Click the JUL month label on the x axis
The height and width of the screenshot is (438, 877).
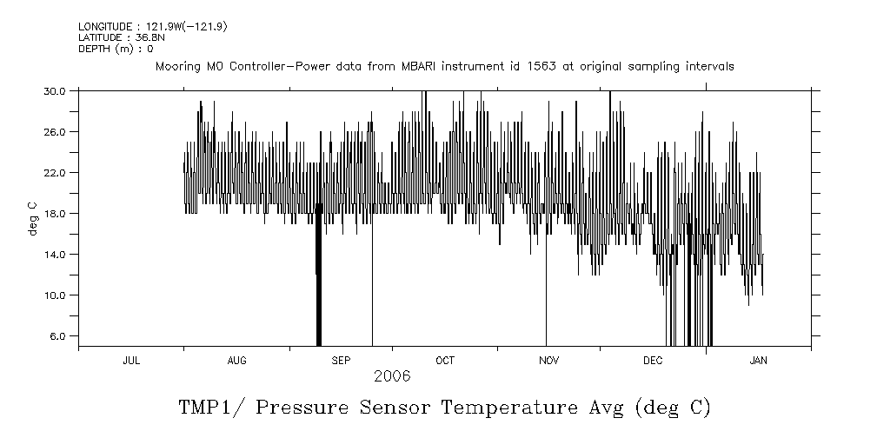point(131,361)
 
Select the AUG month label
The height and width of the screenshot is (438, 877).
point(236,361)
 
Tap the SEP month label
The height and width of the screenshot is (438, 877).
point(341,361)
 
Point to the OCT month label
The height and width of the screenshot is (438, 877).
point(445,361)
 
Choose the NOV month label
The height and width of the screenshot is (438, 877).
point(548,361)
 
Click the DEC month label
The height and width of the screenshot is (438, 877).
point(653,361)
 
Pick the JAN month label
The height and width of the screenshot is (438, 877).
point(758,361)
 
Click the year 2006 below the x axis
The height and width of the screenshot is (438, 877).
point(392,376)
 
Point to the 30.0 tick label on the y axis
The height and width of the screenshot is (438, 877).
point(55,90)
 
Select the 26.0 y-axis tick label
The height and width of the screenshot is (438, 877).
point(55,131)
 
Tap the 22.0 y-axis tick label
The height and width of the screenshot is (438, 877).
point(55,172)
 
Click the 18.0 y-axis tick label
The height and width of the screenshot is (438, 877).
point(55,213)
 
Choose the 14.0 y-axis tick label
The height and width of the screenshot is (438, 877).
point(55,254)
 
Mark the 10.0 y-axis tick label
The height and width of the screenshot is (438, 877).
point(55,295)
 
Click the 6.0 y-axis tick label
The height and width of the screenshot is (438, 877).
point(57,335)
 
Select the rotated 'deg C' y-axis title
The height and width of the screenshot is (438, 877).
point(32,218)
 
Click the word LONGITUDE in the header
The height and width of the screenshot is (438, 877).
point(105,27)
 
